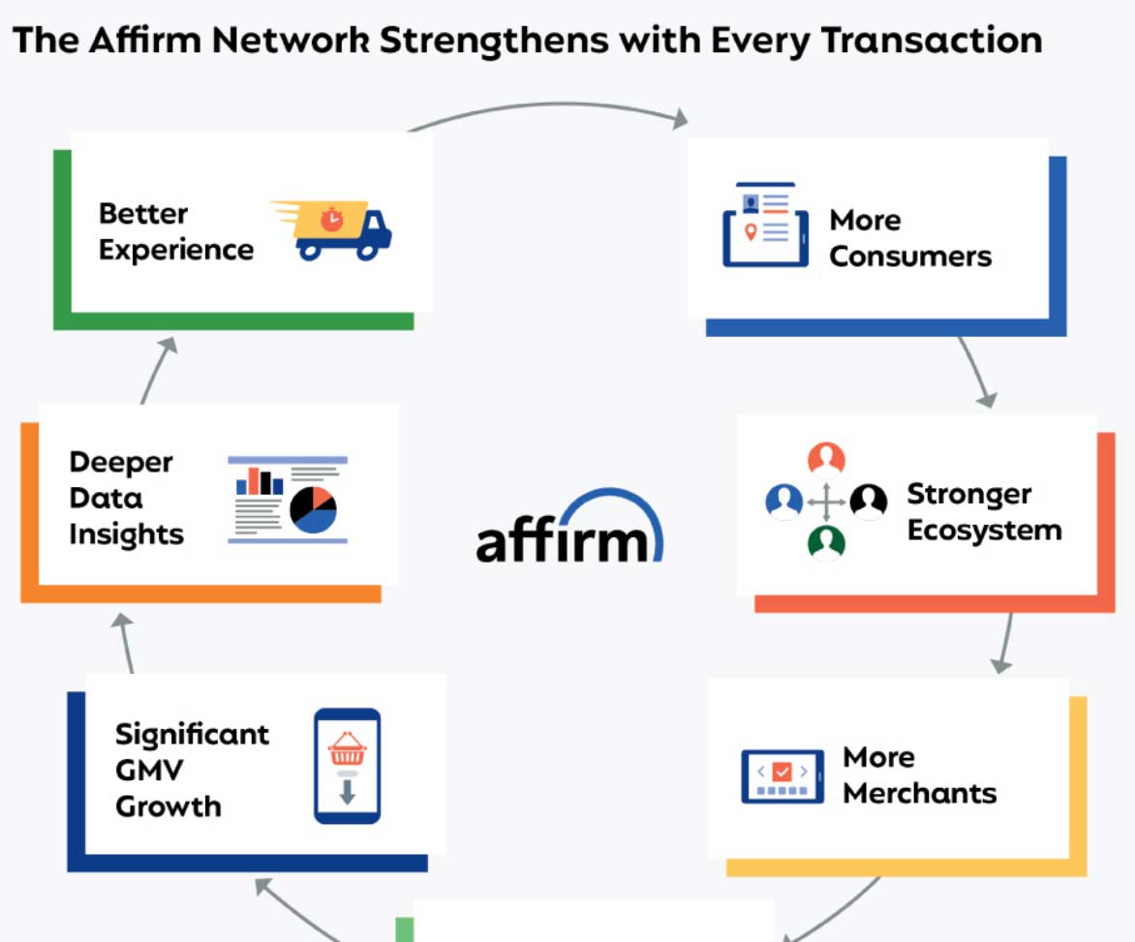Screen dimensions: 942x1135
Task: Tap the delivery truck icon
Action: click(x=334, y=230)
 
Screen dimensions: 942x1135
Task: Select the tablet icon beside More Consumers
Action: click(x=765, y=226)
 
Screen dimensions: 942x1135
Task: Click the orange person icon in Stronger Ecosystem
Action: click(x=826, y=459)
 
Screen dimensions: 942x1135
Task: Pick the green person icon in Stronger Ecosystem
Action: click(x=826, y=542)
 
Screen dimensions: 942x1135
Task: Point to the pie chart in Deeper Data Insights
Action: click(x=313, y=508)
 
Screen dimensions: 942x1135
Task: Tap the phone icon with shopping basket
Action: click(x=347, y=767)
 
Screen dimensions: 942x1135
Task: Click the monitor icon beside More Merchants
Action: click(x=782, y=776)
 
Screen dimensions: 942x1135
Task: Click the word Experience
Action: click(x=175, y=250)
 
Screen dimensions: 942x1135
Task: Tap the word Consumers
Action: click(x=910, y=257)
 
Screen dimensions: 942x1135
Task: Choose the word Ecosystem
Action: click(x=984, y=531)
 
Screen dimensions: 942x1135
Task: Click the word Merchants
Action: click(x=920, y=793)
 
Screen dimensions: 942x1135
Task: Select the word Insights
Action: click(x=126, y=533)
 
